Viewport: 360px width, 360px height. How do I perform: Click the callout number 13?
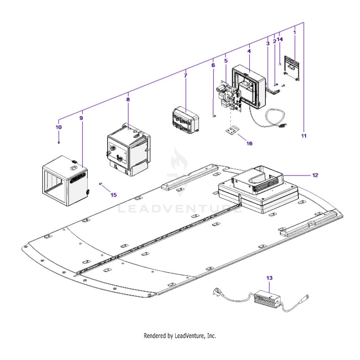pyautogui.click(x=269, y=278)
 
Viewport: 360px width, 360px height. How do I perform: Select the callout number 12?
pyautogui.click(x=315, y=175)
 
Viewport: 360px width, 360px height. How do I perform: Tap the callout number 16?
pyautogui.click(x=249, y=144)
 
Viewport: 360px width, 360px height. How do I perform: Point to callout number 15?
pyautogui.click(x=114, y=195)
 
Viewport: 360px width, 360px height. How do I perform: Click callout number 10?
pyautogui.click(x=58, y=127)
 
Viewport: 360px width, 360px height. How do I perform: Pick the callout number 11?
pyautogui.click(x=304, y=136)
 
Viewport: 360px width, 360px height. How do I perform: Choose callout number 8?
pyautogui.click(x=128, y=99)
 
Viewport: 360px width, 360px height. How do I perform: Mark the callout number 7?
pyautogui.click(x=185, y=75)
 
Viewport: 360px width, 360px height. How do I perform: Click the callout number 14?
pyautogui.click(x=280, y=39)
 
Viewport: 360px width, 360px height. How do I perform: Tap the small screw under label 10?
pyautogui.click(x=59, y=143)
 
